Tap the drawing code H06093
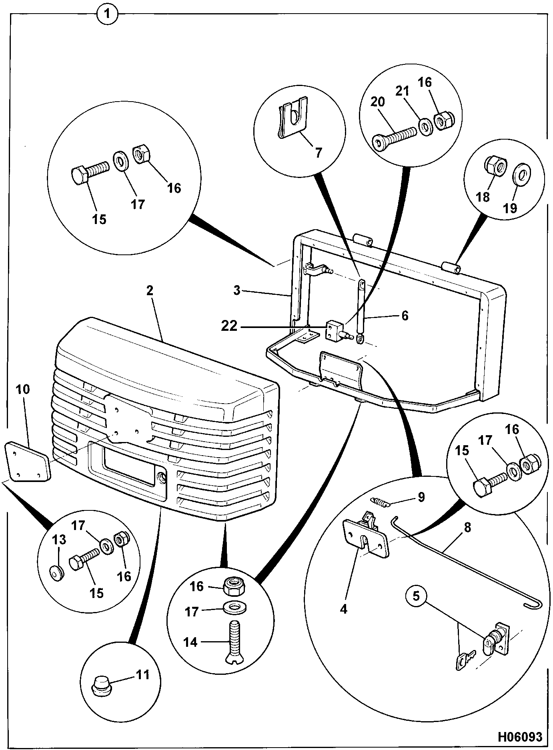pyautogui.click(x=520, y=736)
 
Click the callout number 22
pyautogui.click(x=229, y=326)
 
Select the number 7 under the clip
pyautogui.click(x=318, y=153)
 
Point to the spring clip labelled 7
pyautogui.click(x=293, y=118)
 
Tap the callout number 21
pyautogui.click(x=403, y=91)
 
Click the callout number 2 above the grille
pyautogui.click(x=150, y=291)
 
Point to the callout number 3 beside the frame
pyautogui.click(x=237, y=291)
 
